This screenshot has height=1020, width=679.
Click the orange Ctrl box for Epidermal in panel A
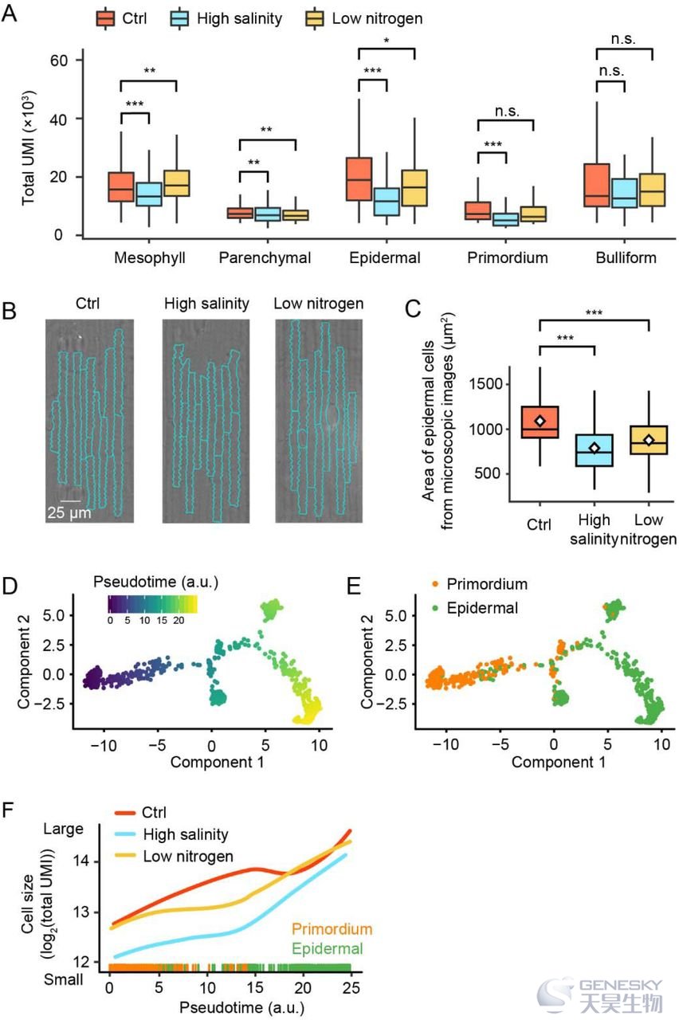coord(359,179)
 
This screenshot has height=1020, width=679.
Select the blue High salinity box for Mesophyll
coord(149,194)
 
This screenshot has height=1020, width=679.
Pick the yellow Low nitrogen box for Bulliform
coord(652,190)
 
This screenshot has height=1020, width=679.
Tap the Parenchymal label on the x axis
coord(265,257)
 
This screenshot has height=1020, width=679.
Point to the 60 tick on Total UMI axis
coord(59,61)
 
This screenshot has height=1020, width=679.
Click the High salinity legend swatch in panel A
coord(179,19)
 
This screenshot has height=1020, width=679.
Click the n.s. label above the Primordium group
coord(508,111)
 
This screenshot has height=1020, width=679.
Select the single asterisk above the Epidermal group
coord(387,41)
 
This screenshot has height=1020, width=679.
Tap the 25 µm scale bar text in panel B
coord(69,513)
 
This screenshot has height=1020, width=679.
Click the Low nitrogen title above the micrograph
coord(318,304)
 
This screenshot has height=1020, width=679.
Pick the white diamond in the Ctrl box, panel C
coord(540,421)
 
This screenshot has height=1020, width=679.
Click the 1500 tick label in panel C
coord(487,384)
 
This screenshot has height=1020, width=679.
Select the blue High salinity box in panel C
coord(595,450)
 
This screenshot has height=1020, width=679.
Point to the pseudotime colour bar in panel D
coord(152,604)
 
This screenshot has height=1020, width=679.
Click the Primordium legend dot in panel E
coord(435,584)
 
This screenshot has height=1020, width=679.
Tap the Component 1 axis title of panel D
coord(218,763)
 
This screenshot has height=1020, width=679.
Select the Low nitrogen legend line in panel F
coord(125,856)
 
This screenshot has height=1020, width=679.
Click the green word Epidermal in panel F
coord(328,949)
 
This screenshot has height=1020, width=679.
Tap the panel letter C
coord(413,309)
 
